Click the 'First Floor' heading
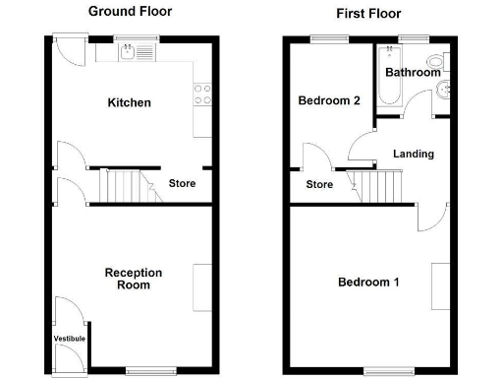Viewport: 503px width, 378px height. [x=368, y=14]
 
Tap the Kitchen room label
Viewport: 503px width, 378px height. [x=129, y=102]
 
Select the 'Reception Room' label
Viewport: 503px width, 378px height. [x=134, y=279]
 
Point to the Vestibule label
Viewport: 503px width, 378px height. [x=69, y=339]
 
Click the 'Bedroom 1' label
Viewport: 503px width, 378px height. [x=368, y=283]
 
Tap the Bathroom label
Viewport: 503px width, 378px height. [x=412, y=73]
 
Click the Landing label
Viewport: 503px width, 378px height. [x=413, y=154]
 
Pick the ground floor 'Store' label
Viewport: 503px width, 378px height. [x=182, y=183]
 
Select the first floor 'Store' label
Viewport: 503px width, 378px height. [x=319, y=183]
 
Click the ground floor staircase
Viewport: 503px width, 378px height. [x=128, y=185]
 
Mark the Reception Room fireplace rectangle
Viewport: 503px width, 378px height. [x=202, y=287]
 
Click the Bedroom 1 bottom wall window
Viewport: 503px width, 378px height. [x=379, y=370]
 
